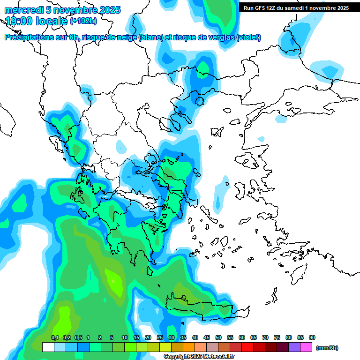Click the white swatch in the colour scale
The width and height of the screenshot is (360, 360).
pyautogui.click(x=48, y=347)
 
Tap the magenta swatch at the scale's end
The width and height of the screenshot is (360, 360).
pyautogui.click(x=306, y=347)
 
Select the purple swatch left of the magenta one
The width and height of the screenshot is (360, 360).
pyautogui.click(x=294, y=347)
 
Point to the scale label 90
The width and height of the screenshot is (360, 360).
pyautogui.click(x=312, y=337)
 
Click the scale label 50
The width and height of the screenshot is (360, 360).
pyautogui.click(x=218, y=337)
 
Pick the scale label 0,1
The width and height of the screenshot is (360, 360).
pyautogui.click(x=55, y=337)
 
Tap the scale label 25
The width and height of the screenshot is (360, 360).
pyautogui.click(x=160, y=337)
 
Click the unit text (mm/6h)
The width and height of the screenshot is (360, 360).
pyautogui.click(x=327, y=348)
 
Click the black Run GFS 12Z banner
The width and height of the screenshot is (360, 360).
pyautogui.click(x=296, y=8)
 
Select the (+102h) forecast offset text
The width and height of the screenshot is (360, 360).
pyautogui.click(x=83, y=21)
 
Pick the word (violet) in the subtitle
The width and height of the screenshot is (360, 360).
pyautogui.click(x=249, y=37)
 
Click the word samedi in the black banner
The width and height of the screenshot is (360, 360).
pyautogui.click(x=297, y=8)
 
